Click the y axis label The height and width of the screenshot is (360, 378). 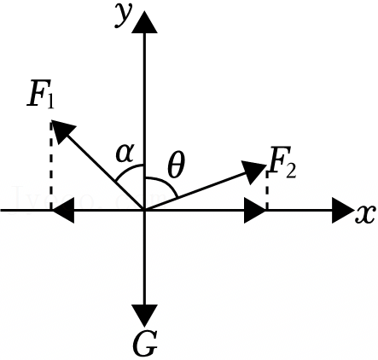pyautogui.click(x=124, y=15)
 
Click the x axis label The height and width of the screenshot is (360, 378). pyautogui.click(x=365, y=214)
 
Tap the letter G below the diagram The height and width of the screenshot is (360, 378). pyautogui.click(x=145, y=343)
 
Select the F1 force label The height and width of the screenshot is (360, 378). pyautogui.click(x=40, y=96)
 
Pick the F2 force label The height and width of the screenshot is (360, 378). pyautogui.click(x=282, y=162)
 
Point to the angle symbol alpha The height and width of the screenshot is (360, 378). pyautogui.click(x=125, y=154)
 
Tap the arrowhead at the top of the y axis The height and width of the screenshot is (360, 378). pyautogui.click(x=145, y=22)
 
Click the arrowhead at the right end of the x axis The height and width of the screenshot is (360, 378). pyautogui.click(x=342, y=211)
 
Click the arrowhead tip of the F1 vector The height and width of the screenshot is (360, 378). pyautogui.click(x=51, y=120)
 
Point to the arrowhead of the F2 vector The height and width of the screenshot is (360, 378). pyautogui.click(x=253, y=171)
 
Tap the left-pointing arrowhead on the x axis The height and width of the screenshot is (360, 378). pyautogui.click(x=63, y=211)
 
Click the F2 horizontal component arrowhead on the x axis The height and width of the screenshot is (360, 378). pyautogui.click(x=255, y=211)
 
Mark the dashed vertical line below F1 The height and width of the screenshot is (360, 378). pyautogui.click(x=51, y=165)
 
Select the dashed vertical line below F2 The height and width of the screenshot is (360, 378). pyautogui.click(x=267, y=190)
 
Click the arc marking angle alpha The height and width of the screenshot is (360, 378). pyautogui.click(x=128, y=169)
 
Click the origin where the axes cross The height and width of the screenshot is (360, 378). pyautogui.click(x=145, y=211)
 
